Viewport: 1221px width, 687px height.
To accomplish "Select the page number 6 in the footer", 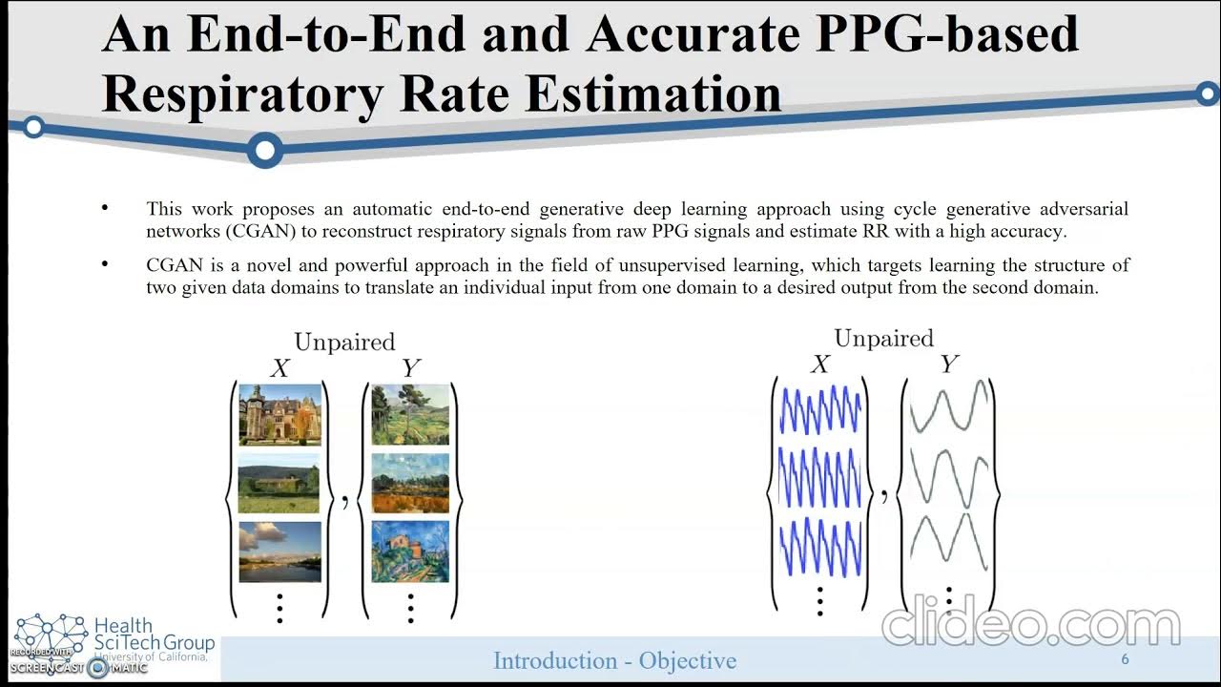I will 1126,660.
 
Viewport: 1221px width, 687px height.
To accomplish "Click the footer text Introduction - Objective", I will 614,660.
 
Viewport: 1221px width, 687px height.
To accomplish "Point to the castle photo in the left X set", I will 279,415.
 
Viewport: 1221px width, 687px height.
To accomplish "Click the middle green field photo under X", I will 279,484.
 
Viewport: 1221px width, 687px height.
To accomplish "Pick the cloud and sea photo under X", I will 279,552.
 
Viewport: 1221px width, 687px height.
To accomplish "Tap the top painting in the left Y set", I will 410,415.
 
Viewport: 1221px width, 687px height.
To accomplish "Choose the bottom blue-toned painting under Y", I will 410,552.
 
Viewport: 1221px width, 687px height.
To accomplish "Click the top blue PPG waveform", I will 820,411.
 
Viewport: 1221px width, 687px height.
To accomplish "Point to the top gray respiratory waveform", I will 948,411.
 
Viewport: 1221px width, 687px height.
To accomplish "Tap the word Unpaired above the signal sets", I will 883,338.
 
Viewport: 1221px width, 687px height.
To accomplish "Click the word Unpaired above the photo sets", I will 343,342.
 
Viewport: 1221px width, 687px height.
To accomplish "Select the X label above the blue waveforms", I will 819,364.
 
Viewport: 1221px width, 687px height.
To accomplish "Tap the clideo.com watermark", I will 1030,625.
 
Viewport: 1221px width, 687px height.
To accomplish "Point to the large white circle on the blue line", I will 265,150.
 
